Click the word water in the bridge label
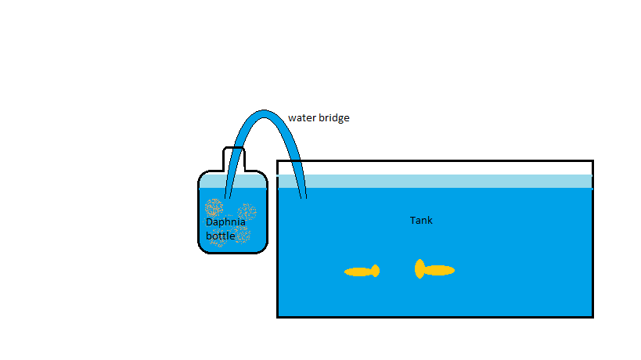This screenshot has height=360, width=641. tap(301, 118)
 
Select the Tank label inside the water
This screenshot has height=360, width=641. tap(421, 221)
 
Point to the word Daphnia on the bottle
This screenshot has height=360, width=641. tap(225, 221)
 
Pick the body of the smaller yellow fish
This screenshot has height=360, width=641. tap(358, 272)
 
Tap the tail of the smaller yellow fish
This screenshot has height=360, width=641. tap(376, 271)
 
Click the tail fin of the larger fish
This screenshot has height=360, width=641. tap(420, 269)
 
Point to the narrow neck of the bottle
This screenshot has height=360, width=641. tap(234, 158)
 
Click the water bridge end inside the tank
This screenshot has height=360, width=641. tap(302, 194)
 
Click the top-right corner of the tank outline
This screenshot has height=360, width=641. tap(592, 161)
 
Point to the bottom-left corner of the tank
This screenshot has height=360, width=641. tap(279, 316)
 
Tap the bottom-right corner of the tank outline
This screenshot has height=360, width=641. tap(592, 316)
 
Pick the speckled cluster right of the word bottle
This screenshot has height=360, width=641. tap(245, 235)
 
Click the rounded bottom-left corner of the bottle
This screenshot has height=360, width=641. tap(202, 248)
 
